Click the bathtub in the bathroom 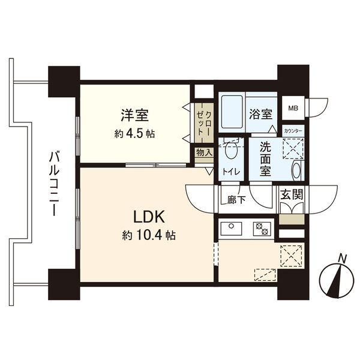pyautogui.click(x=231, y=113)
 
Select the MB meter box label pyautogui.click(x=293, y=109)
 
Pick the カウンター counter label pyautogui.click(x=293, y=131)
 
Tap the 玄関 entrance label pyautogui.click(x=292, y=194)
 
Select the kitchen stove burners pyautogui.click(x=262, y=229)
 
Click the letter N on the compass pyautogui.click(x=342, y=259)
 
